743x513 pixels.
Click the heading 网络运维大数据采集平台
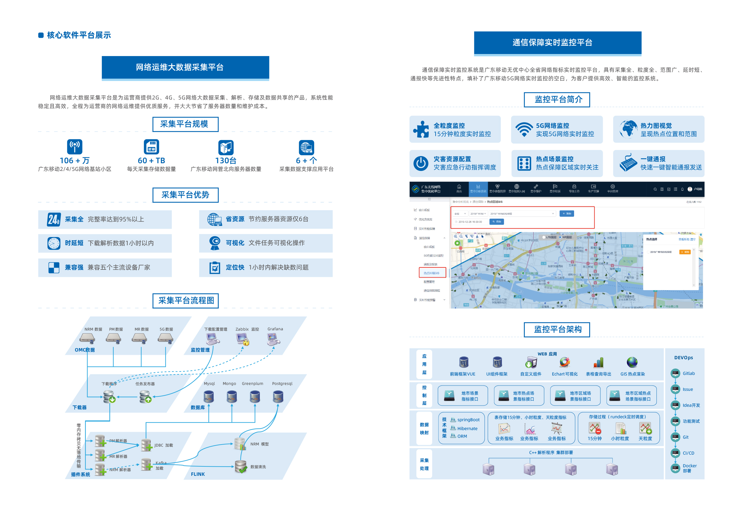point(179,67)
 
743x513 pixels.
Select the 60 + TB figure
point(151,160)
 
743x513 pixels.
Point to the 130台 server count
point(226,160)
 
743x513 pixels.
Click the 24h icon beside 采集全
point(54,220)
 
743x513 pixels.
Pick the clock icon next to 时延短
point(54,243)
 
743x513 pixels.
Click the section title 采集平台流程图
point(185,300)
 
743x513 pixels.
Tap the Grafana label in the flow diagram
point(275,329)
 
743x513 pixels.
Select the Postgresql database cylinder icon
point(278,397)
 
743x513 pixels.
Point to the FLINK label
point(198,474)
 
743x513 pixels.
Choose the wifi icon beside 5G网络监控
point(524,130)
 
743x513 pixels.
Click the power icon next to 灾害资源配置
point(421,163)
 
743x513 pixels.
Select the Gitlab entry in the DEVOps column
point(688,373)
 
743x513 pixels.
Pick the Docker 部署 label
point(689,468)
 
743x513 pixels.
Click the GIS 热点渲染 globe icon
point(632,362)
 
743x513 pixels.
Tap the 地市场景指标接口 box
point(463,396)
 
